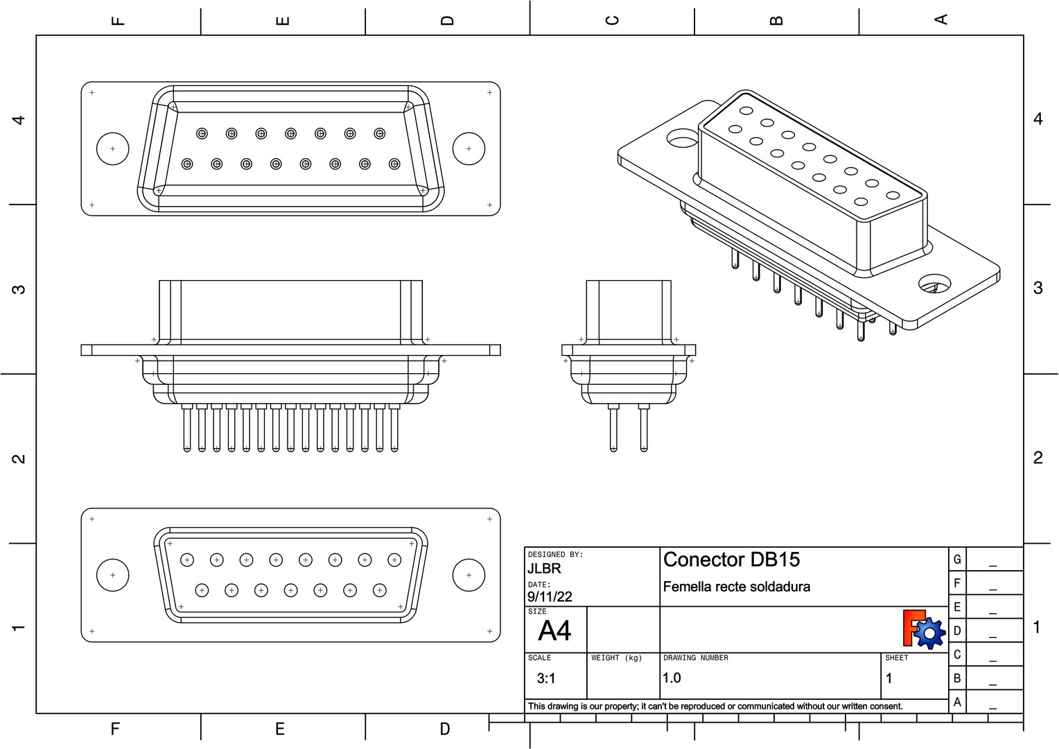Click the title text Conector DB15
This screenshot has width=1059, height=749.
pos(731,560)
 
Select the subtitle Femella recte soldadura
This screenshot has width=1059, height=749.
pos(736,587)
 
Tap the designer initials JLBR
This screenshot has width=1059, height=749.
pos(544,569)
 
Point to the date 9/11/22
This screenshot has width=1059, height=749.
pos(550,596)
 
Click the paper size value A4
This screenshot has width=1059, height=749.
pos(554,631)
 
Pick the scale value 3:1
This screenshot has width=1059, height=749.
pos(546,678)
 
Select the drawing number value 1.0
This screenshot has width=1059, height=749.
pos(672,678)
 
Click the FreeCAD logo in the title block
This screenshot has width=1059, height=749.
pos(924,629)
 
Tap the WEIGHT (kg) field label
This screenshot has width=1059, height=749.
pos(616,657)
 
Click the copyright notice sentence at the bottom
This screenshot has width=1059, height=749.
pos(715,706)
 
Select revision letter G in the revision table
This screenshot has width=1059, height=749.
pos(957,559)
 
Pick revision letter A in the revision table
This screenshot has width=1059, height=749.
pos(957,702)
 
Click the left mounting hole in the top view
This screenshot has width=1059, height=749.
pos(112,148)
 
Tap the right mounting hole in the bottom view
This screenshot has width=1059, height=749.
pos(469,575)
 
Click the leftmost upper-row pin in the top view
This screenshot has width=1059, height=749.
pos(202,133)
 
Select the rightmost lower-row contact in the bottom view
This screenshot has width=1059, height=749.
pos(379,590)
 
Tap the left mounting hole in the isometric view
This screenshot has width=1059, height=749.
pos(682,139)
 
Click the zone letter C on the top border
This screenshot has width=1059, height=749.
pos(612,19)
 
